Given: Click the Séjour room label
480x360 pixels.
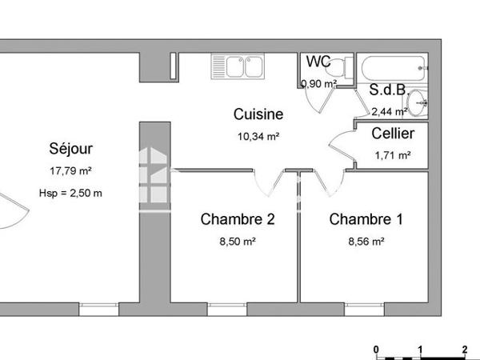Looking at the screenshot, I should point(71,148).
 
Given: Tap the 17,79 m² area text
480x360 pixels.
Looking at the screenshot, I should point(71,170).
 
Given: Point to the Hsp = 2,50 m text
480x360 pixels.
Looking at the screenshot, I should point(70,193).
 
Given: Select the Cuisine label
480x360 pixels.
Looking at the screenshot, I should point(258,114).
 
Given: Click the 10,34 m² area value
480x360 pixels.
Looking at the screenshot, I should point(258,137).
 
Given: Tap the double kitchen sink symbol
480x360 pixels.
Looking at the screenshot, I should point(237,67).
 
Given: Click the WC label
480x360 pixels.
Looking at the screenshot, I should point(318,62).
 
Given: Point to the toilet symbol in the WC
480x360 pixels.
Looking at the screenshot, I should point(339,66).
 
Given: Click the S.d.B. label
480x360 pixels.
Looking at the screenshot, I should point(388,90).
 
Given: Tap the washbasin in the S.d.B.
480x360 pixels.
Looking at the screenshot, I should point(422,102).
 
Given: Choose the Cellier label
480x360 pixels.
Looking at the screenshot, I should point(393,133).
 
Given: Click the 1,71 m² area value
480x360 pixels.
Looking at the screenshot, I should point(393,155).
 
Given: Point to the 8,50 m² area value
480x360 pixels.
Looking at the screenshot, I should point(238,241).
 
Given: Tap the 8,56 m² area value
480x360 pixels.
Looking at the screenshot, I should point(366,241).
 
